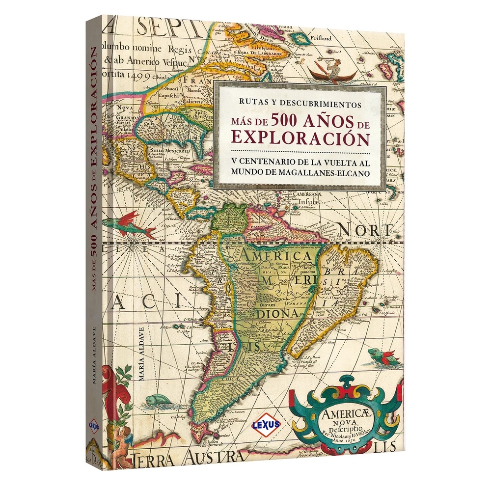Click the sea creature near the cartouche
point(382,355)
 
